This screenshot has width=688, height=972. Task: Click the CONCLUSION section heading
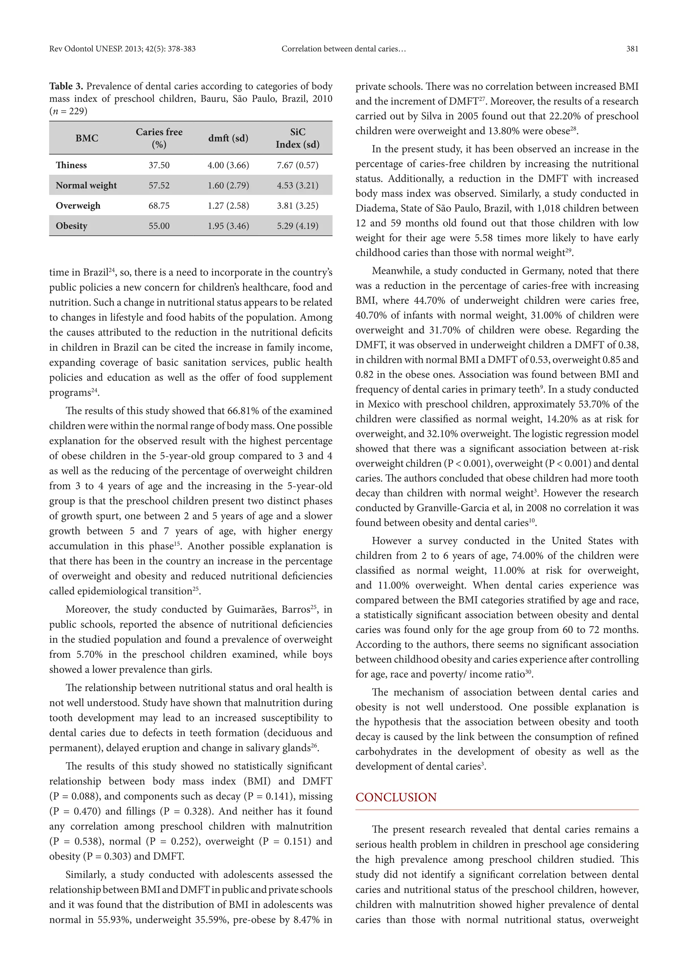(396, 797)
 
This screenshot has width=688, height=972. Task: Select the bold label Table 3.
(66, 86)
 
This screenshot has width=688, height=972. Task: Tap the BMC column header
(87, 138)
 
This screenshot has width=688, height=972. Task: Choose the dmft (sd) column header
(228, 138)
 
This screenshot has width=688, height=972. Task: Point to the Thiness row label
(71, 165)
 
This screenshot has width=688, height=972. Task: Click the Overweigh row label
(78, 206)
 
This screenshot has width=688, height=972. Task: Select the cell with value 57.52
(159, 185)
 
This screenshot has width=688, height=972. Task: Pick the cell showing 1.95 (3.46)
(228, 226)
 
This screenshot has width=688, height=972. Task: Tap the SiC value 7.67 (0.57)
(297, 165)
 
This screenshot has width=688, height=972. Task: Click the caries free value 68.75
(159, 206)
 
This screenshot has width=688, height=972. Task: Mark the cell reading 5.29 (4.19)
(297, 226)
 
